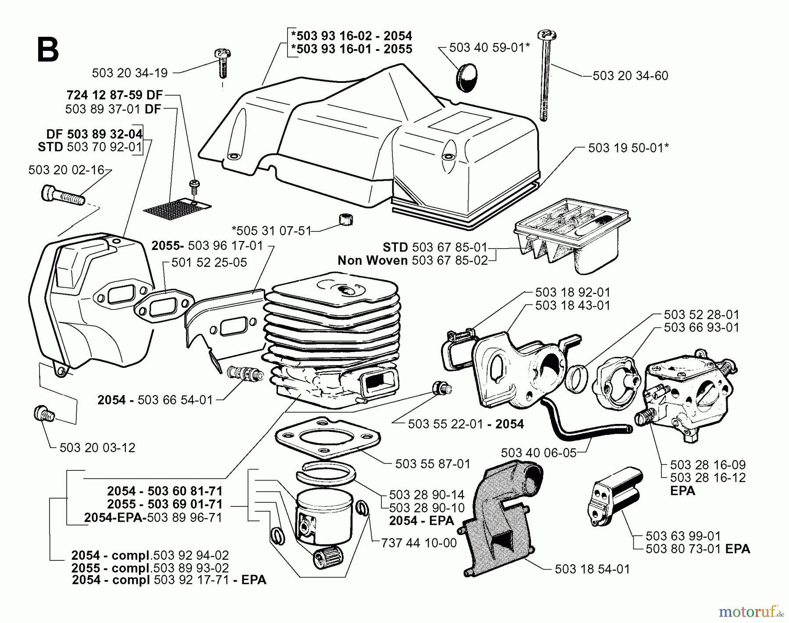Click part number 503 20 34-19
tap(130, 73)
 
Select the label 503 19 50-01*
tap(629, 148)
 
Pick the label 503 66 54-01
tap(175, 400)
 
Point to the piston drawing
tap(325, 515)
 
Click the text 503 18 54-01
tap(592, 570)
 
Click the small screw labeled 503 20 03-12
tap(43, 413)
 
